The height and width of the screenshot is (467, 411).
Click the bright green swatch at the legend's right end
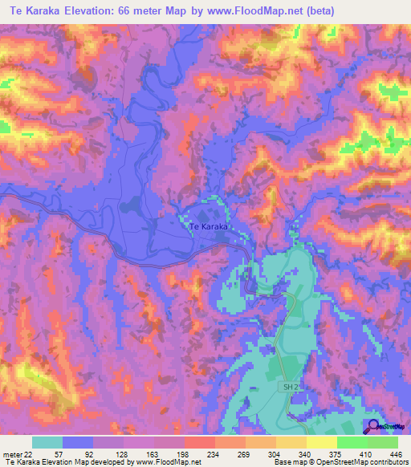coord(383,442)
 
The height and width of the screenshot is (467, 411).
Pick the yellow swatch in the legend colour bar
coord(321,442)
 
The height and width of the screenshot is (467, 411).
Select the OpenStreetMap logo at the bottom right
coord(383,428)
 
